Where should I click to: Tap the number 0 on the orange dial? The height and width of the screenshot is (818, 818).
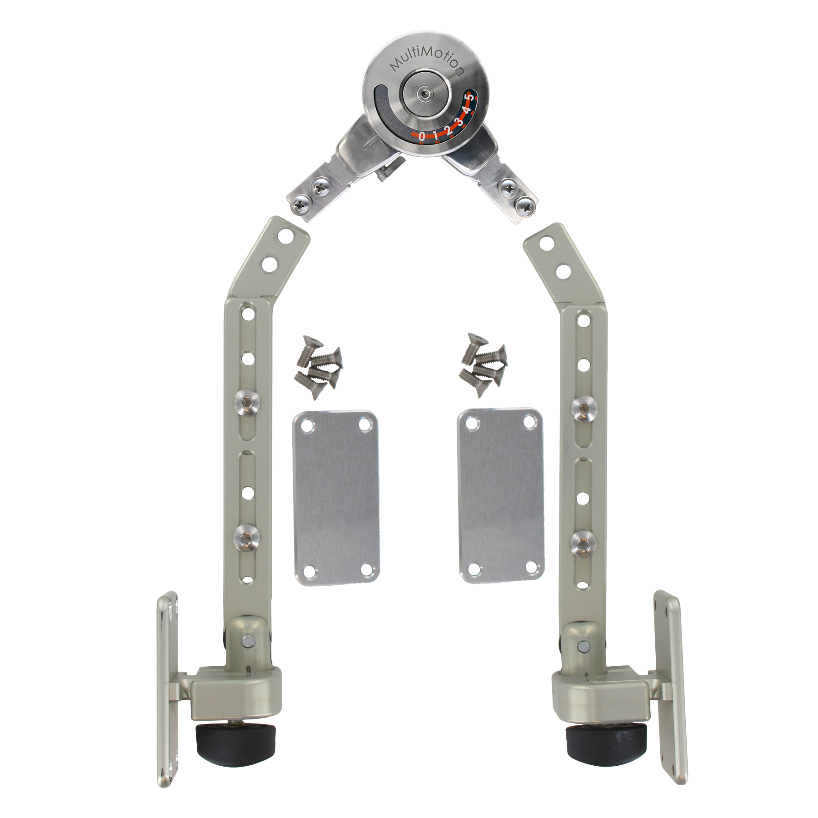click(422, 135)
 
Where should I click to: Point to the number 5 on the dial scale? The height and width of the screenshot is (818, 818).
click(471, 97)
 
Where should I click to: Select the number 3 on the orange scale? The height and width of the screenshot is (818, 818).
click(459, 121)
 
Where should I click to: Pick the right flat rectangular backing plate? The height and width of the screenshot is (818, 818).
click(501, 495)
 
